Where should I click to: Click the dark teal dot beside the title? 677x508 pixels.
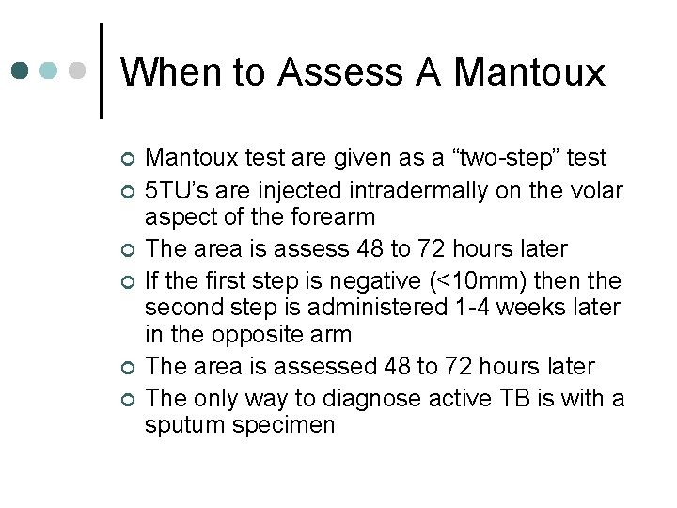point(22,71)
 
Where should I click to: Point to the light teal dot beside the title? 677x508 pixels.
point(50,71)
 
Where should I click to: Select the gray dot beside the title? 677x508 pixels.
point(78,71)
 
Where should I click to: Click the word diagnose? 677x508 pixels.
point(393,398)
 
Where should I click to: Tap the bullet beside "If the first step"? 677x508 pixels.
point(129,281)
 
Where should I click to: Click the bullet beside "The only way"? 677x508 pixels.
point(129,400)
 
